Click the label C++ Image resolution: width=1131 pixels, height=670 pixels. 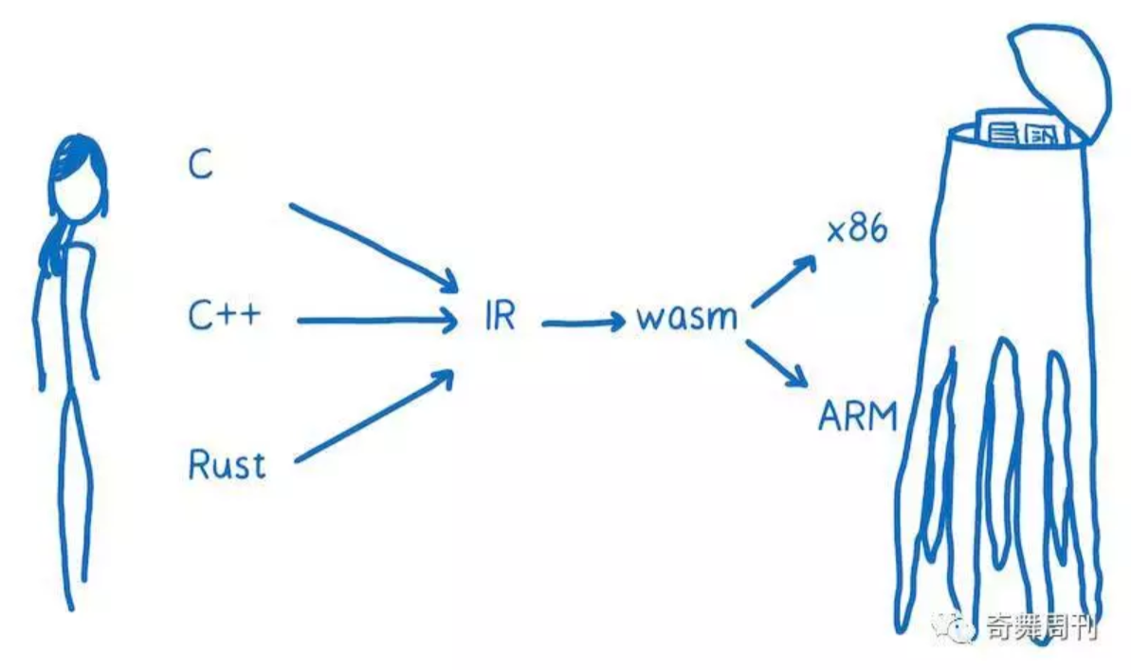[x=224, y=316]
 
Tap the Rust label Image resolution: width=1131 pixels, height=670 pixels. [x=227, y=465]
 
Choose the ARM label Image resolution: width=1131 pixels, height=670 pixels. [x=857, y=416]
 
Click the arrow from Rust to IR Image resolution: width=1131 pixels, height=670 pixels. [x=374, y=418]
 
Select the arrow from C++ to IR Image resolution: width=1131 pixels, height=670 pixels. [x=376, y=321]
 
